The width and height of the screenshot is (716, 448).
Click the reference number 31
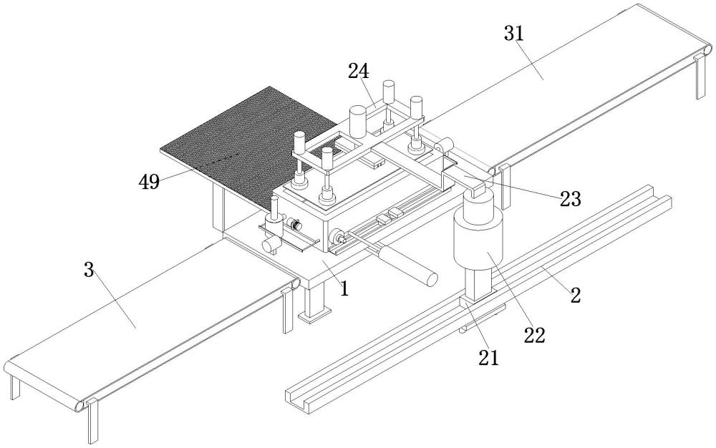click(x=514, y=33)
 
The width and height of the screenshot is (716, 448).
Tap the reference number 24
click(x=359, y=71)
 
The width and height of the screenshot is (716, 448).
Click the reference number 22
click(x=535, y=334)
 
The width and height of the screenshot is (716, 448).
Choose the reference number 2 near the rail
click(x=574, y=293)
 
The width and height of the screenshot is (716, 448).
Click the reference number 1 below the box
click(x=344, y=288)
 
